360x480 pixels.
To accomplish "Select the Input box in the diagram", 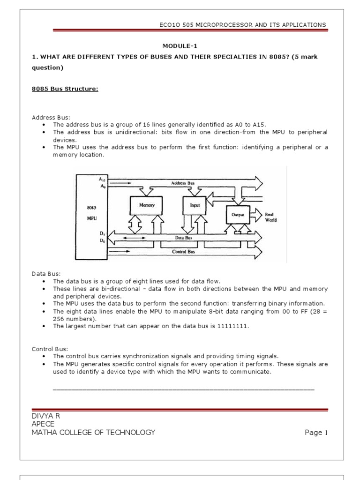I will [195, 205].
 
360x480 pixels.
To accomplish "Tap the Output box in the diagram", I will [238, 214].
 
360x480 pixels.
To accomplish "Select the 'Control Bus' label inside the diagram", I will [183, 251].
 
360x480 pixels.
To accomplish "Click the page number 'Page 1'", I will [316, 433].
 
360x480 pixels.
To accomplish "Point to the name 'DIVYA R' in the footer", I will [45, 416].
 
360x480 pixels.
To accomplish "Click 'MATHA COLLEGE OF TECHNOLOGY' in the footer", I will [93, 432].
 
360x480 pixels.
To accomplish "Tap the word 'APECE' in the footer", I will [43, 424].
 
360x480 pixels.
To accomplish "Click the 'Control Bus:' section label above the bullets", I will [50, 349].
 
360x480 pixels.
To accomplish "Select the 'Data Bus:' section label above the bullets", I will [46, 273].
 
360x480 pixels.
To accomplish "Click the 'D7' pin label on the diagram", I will [102, 233].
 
